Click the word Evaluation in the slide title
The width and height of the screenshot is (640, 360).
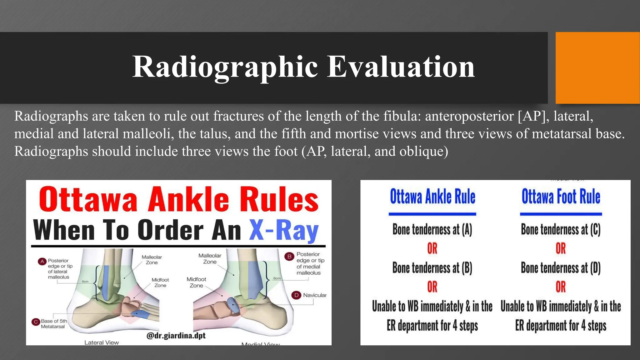tap(401, 67)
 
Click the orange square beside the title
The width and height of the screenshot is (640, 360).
tap(597, 68)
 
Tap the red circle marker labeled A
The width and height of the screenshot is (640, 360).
tap(42, 261)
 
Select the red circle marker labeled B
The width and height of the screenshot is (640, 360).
tap(289, 257)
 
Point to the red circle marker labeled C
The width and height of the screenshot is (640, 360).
tap(36, 322)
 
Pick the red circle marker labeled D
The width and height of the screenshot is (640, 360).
tap(296, 295)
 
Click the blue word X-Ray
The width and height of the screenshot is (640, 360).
tap(283, 230)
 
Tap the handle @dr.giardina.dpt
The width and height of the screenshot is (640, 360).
tap(176, 336)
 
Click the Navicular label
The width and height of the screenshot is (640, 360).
tap(314, 295)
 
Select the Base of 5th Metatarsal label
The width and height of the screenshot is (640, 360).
tap(54, 324)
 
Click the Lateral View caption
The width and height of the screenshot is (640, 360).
tap(102, 342)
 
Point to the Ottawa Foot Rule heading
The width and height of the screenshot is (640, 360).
tap(561, 197)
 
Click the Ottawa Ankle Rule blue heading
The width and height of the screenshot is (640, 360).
tap(432, 197)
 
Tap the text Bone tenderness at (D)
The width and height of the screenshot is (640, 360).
tap(561, 268)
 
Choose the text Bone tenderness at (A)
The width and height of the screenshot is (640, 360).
tap(432, 229)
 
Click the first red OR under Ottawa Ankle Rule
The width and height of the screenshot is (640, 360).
tap(432, 248)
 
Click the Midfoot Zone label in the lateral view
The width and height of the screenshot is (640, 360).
tap(160, 282)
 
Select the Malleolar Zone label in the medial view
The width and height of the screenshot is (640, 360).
tap(210, 258)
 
